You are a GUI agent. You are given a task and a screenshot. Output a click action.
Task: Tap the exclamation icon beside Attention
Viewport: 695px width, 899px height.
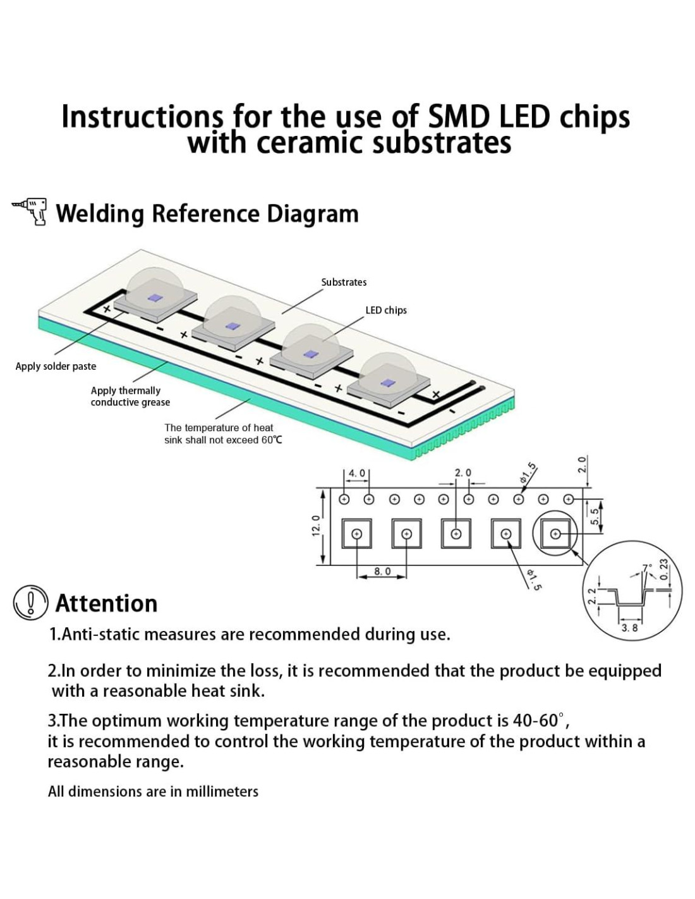[30, 602]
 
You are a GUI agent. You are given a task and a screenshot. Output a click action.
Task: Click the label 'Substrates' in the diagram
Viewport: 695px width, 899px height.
[344, 282]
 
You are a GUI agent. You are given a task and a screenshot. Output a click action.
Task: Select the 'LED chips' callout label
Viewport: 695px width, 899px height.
[386, 310]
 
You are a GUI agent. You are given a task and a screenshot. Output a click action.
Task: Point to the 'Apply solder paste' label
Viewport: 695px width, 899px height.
[56, 366]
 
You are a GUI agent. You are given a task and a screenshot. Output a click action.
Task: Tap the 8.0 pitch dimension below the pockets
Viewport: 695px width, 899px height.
[382, 571]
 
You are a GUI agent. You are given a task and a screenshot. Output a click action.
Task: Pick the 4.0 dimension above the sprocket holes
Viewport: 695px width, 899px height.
[357, 473]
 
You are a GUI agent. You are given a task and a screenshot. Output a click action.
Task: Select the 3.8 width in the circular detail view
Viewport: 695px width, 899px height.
[629, 628]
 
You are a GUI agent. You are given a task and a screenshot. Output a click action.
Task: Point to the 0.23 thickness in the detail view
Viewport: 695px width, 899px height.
[663, 569]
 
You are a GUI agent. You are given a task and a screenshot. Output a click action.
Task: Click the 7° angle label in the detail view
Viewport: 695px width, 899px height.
[645, 567]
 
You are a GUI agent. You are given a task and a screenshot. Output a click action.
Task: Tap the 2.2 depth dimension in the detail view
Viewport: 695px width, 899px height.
[592, 596]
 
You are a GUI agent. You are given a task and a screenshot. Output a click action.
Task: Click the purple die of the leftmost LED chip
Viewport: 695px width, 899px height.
[154, 298]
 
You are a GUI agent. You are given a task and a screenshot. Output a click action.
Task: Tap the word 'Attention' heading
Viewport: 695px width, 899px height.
[106, 603]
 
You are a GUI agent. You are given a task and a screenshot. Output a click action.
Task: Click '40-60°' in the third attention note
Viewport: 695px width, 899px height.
[541, 720]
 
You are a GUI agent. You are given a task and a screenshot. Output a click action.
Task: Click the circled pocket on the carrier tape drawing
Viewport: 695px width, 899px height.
[555, 534]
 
